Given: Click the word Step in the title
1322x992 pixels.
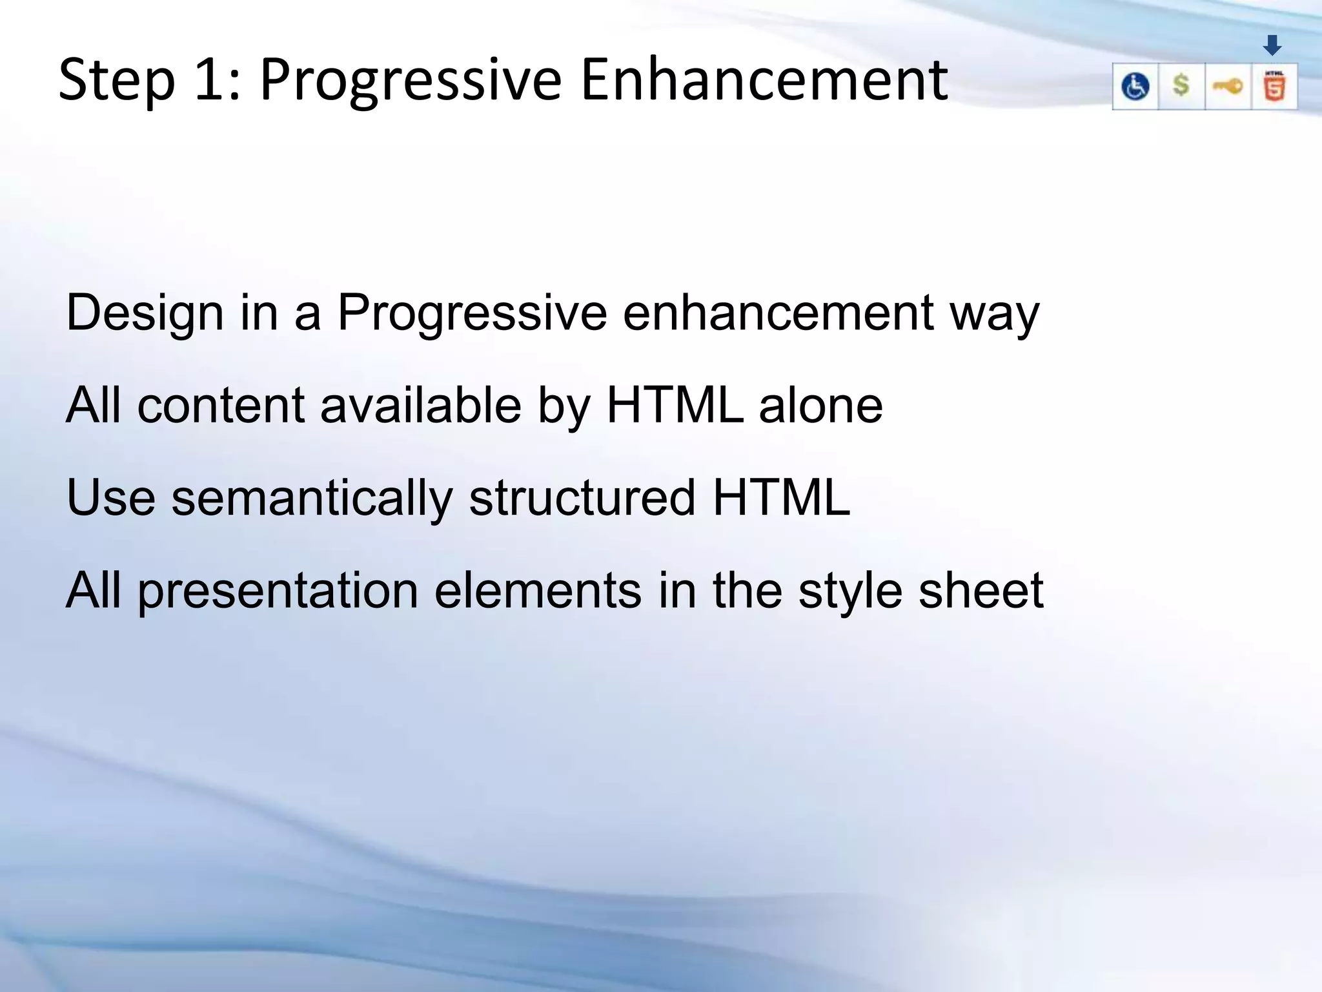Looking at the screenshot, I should tap(117, 81).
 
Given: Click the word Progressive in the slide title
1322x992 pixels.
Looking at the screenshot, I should tap(411, 81).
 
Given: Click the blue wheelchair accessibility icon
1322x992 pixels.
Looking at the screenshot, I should tap(1135, 87).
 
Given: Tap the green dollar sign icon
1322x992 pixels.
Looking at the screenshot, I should tap(1181, 86).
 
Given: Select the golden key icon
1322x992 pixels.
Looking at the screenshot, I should tap(1228, 87).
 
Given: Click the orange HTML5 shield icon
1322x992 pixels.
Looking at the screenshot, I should tap(1274, 87).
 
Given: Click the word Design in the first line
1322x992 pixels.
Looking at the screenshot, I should tap(145, 313).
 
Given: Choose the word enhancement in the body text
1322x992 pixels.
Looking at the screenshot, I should tap(778, 313).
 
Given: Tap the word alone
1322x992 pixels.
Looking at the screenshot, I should tap(820, 406).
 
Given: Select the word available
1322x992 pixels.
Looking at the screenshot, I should tap(420, 406).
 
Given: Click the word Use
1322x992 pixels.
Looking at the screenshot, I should tap(110, 498).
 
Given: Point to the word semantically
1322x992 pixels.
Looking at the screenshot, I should tap(312, 499).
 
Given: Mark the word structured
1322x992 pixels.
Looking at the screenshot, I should tap(582, 498).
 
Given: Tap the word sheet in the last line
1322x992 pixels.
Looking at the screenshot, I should tap(981, 590).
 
